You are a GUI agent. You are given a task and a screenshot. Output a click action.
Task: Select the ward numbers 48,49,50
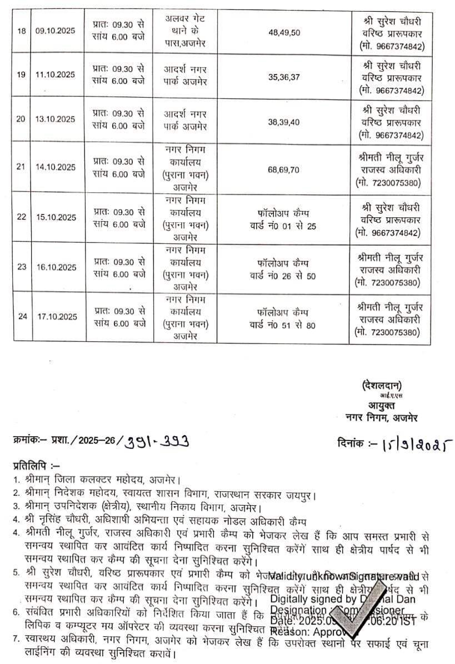point(284,33)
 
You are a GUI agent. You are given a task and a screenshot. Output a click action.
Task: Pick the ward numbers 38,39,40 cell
point(284,119)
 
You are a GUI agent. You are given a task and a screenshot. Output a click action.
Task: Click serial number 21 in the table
point(22,166)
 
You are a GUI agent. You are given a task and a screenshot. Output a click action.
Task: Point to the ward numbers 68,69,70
point(284,166)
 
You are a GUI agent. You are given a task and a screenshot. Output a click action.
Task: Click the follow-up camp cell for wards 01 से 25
point(284,217)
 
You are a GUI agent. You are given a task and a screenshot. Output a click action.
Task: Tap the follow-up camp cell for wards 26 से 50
point(284,267)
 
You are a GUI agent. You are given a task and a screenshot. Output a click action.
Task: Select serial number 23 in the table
point(22,267)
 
